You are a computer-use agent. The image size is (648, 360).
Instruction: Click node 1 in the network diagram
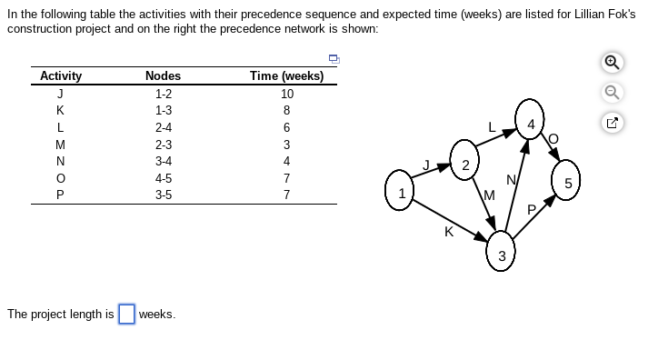pyautogui.click(x=401, y=193)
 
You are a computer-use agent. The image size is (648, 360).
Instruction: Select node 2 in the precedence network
pyautogui.click(x=464, y=164)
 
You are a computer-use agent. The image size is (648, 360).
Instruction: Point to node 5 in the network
pyautogui.click(x=568, y=183)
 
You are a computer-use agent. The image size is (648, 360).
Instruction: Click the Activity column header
pyautogui.click(x=61, y=76)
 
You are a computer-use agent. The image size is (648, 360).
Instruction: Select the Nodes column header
pyautogui.click(x=163, y=76)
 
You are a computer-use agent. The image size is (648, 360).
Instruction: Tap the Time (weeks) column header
pyautogui.click(x=286, y=76)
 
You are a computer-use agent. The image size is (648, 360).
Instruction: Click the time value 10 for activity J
pyautogui.click(x=287, y=93)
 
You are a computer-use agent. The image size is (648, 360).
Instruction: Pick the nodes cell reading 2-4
pyautogui.click(x=164, y=126)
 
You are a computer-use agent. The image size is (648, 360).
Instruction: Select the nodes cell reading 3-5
pyautogui.click(x=164, y=195)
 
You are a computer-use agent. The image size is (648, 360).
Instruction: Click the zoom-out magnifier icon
pyautogui.click(x=615, y=92)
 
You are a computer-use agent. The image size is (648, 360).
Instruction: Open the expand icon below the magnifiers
pyautogui.click(x=615, y=120)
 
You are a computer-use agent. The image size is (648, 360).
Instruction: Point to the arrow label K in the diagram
pyautogui.click(x=448, y=232)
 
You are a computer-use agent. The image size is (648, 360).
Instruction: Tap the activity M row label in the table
pyautogui.click(x=60, y=144)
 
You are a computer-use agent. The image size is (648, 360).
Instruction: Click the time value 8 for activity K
pyautogui.click(x=287, y=110)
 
